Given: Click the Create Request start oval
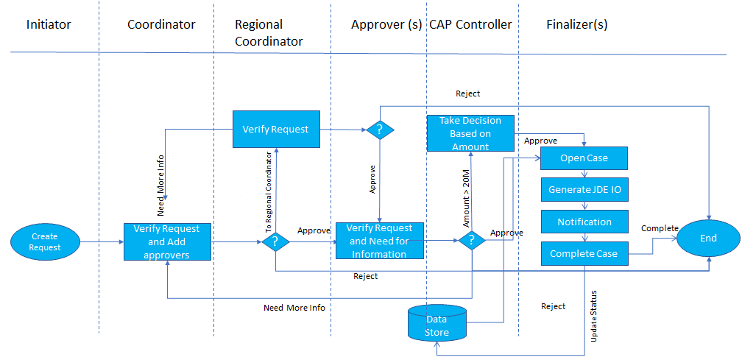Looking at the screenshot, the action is [44, 241].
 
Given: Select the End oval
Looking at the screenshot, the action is [708, 239].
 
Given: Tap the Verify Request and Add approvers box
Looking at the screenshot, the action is [167, 241].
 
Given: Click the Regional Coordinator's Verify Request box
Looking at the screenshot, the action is [276, 129].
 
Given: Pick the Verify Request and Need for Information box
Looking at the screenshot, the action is [380, 241].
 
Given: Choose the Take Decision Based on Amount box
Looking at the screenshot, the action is [470, 133].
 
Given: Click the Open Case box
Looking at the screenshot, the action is [584, 158].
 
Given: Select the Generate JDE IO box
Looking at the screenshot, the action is [584, 190].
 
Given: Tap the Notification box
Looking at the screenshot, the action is [584, 222].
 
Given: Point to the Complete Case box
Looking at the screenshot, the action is [584, 253].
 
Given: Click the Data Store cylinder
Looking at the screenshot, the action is [437, 322].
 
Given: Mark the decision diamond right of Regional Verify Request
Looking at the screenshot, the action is [380, 129].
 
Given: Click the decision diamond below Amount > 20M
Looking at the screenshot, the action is [472, 241].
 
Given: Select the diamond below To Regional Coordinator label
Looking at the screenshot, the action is [275, 241].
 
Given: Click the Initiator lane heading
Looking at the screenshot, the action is [49, 24].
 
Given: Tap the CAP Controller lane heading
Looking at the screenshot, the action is [470, 24].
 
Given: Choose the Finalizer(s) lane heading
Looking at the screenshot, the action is [577, 24].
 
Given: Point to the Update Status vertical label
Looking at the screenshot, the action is [594, 316].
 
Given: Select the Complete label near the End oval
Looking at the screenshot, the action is [660, 228].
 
